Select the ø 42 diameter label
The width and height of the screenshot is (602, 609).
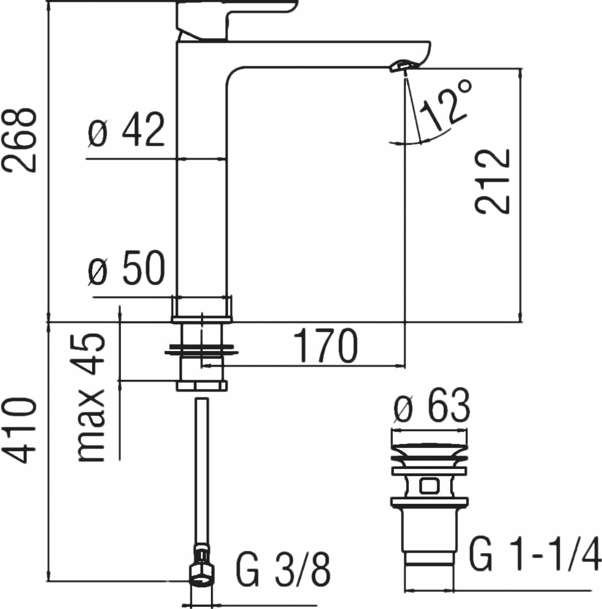point(126,130)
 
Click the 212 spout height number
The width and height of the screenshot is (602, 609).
point(493,181)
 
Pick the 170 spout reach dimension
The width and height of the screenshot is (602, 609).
point(326,346)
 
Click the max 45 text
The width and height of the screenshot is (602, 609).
point(91,398)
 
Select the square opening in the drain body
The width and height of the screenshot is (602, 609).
point(429,486)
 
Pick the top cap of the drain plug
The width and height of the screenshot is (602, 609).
point(429,438)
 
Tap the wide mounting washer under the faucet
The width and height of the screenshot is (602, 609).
point(201,349)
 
